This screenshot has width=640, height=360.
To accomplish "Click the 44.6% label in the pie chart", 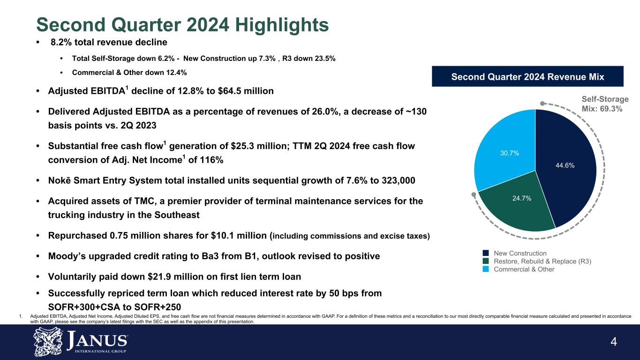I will (565, 165).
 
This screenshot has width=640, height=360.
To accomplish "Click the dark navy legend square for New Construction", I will (486, 254).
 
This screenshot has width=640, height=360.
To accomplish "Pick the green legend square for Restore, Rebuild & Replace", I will (486, 262).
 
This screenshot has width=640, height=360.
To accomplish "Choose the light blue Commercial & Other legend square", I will (486, 269).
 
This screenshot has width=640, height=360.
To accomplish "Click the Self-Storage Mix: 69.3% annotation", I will (605, 104).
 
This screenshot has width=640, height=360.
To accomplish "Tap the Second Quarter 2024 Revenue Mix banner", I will (527, 76).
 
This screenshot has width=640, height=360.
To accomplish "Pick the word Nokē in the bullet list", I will (59, 181).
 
